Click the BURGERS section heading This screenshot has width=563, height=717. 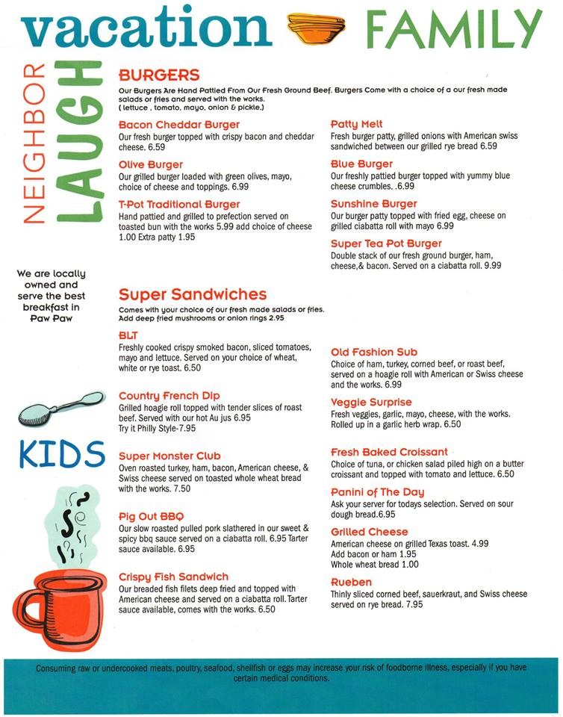(x=159, y=75)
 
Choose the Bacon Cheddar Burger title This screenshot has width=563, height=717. (x=179, y=125)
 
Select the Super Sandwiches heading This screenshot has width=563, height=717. (x=193, y=294)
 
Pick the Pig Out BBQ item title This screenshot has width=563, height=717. (x=151, y=517)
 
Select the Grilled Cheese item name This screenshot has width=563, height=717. (x=370, y=532)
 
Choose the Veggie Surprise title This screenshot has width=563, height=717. (x=371, y=403)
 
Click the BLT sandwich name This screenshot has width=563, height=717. (x=129, y=335)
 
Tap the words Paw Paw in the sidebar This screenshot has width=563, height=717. (x=51, y=318)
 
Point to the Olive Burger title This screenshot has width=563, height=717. (x=151, y=164)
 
